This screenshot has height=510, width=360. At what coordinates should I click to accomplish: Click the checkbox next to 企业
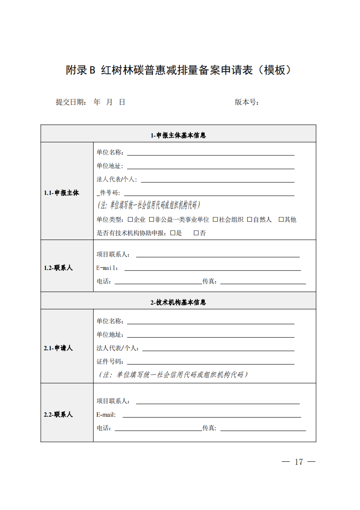click(x=130, y=220)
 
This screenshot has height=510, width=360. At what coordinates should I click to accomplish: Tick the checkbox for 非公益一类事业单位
click(x=151, y=220)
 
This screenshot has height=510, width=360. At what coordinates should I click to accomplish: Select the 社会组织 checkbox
click(x=215, y=220)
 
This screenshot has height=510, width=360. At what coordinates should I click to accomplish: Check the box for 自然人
click(x=250, y=220)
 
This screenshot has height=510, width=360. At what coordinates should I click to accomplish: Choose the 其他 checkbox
click(x=281, y=220)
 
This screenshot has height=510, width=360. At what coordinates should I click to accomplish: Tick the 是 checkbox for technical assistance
click(x=173, y=233)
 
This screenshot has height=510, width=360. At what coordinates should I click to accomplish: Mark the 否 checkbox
click(x=196, y=233)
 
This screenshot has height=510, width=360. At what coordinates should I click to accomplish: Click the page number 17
click(x=298, y=462)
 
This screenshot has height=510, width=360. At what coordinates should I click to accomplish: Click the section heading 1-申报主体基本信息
click(x=178, y=135)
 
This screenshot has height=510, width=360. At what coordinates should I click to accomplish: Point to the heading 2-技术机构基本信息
click(x=178, y=302)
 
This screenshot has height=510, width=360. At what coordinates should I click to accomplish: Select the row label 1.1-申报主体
click(x=62, y=193)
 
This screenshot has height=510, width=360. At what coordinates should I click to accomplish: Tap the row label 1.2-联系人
click(x=58, y=268)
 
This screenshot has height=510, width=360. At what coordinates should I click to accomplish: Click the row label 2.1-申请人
click(x=58, y=348)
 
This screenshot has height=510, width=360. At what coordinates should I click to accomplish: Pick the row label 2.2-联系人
click(x=58, y=415)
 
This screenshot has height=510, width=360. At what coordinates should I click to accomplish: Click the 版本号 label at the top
click(x=247, y=102)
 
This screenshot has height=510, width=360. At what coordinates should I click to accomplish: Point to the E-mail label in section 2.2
click(x=106, y=415)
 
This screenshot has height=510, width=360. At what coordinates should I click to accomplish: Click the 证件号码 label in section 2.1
click(x=110, y=362)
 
